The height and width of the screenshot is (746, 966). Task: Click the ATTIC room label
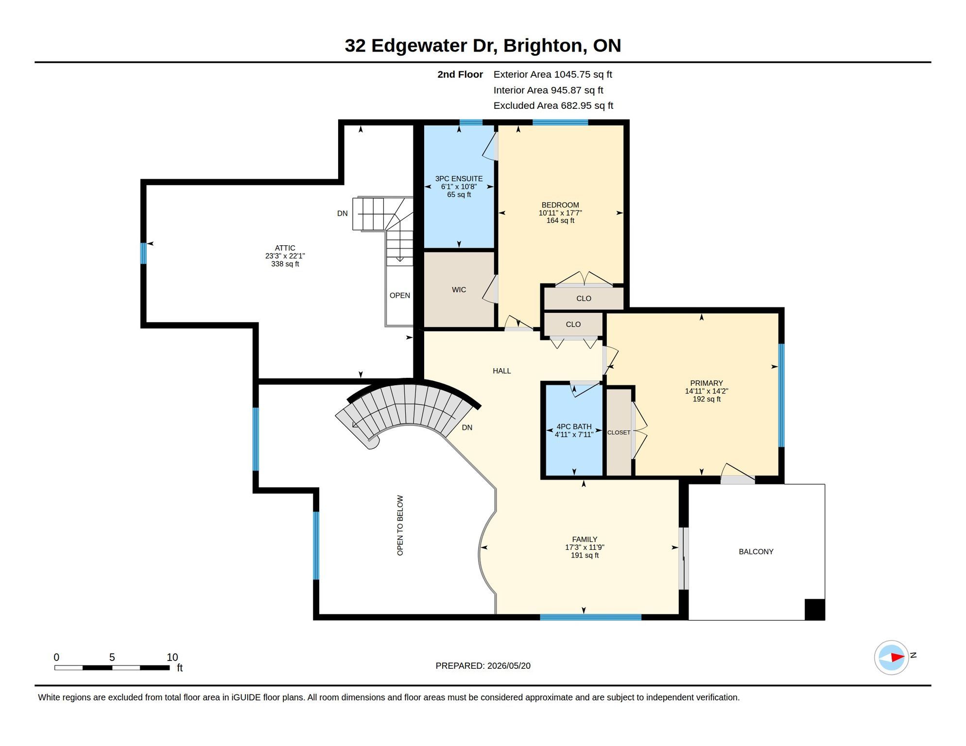(x=285, y=248)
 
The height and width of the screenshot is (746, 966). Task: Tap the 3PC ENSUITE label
(x=459, y=179)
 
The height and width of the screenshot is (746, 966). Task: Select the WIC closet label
(x=459, y=290)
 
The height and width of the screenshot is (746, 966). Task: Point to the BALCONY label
(x=756, y=552)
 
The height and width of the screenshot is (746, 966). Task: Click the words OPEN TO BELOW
(x=400, y=526)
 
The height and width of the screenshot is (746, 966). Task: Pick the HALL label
(x=501, y=371)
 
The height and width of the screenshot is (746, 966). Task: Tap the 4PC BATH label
(x=574, y=427)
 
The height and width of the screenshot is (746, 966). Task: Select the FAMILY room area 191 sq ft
(x=585, y=555)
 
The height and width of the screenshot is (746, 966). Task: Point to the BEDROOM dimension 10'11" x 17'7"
(x=560, y=213)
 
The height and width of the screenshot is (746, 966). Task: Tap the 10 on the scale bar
(x=172, y=657)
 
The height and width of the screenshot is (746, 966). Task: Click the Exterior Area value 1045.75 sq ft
(x=583, y=74)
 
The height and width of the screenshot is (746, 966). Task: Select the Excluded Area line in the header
(x=553, y=105)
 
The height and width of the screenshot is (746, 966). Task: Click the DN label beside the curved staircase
(x=467, y=428)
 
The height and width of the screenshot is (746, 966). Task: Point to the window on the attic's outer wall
(x=143, y=254)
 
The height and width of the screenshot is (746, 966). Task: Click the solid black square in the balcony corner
(x=815, y=610)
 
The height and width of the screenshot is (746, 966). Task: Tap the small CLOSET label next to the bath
(x=619, y=433)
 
